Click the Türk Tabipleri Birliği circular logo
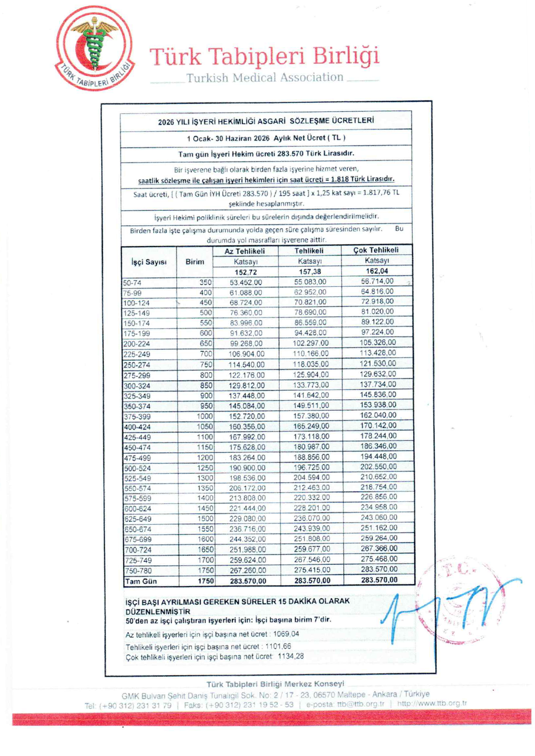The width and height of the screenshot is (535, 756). (x=94, y=48)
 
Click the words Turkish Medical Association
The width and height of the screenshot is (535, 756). (x=265, y=78)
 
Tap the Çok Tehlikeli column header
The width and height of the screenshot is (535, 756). (x=376, y=250)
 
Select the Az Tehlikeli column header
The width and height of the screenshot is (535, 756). (x=245, y=251)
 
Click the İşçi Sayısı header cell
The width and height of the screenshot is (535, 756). (x=149, y=262)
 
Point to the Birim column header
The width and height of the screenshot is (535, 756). (x=195, y=262)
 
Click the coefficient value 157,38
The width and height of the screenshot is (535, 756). (x=310, y=272)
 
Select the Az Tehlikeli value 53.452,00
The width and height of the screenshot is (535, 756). (x=246, y=283)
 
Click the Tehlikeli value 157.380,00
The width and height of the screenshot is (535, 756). (x=311, y=416)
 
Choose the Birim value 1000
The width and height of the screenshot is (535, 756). (x=204, y=416)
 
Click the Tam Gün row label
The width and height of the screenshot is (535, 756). (x=141, y=581)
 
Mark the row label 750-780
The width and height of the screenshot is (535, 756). (x=138, y=571)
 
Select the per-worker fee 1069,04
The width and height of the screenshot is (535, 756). (x=286, y=634)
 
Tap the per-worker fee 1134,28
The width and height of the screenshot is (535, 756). (x=290, y=656)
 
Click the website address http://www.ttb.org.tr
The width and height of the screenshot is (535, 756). (x=432, y=703)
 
